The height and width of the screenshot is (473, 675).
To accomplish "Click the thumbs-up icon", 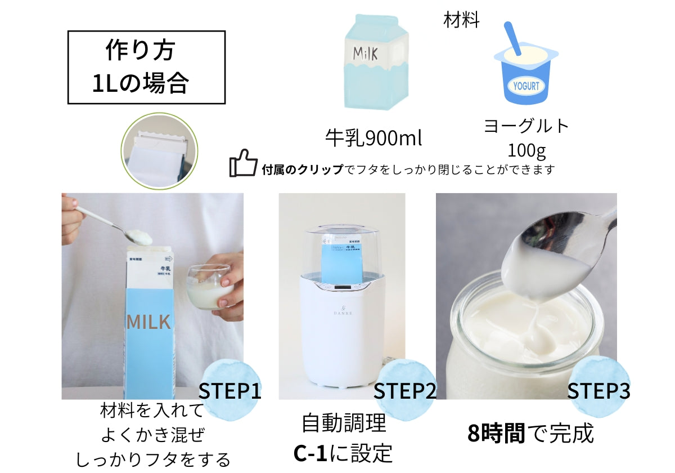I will [x=243, y=164].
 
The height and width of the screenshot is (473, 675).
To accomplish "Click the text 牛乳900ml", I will [x=373, y=137].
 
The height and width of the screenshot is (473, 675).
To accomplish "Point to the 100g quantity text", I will [x=527, y=150].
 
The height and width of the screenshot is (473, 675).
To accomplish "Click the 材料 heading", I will [x=461, y=21].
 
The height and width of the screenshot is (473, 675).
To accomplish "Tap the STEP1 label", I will [x=230, y=391].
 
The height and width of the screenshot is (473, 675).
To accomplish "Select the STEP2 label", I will [x=404, y=391].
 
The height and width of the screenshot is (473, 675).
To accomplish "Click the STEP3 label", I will [x=598, y=391].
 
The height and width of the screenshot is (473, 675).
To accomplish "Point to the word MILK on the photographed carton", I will [x=148, y=322].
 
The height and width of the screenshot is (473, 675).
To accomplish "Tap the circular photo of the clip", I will [x=159, y=150].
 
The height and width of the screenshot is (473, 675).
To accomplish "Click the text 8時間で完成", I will [x=530, y=434].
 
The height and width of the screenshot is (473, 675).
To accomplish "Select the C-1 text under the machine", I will [x=312, y=453].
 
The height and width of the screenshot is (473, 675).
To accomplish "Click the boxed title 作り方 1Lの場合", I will [x=146, y=67].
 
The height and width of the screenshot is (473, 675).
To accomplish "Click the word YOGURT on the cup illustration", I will [x=526, y=87].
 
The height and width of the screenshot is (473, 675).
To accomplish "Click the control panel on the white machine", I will [x=341, y=288].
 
